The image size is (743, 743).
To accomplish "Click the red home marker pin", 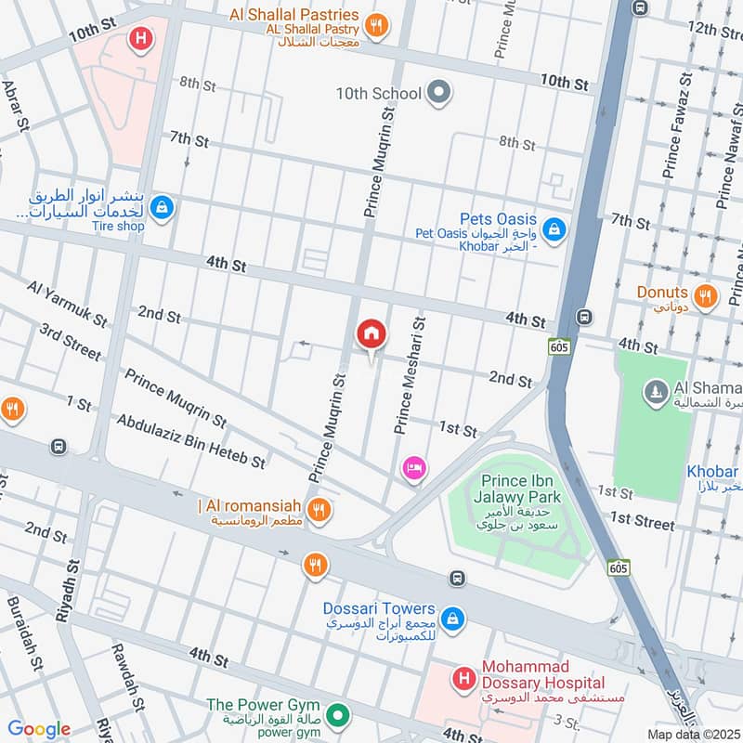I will tap(371, 334).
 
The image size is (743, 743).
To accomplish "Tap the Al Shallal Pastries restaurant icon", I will tap(376, 26).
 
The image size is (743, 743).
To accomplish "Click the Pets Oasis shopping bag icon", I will tap(554, 228).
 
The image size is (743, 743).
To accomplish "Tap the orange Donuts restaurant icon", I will tap(706, 296).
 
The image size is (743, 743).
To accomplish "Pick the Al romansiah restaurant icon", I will tap(319, 509).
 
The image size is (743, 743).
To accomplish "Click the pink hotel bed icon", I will tap(414, 469).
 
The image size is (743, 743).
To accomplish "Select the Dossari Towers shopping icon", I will tap(452, 618).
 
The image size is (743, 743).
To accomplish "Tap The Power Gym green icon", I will tap(340, 716).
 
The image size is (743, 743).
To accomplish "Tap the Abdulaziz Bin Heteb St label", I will tap(191, 441).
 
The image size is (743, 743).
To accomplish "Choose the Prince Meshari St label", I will tap(409, 374).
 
